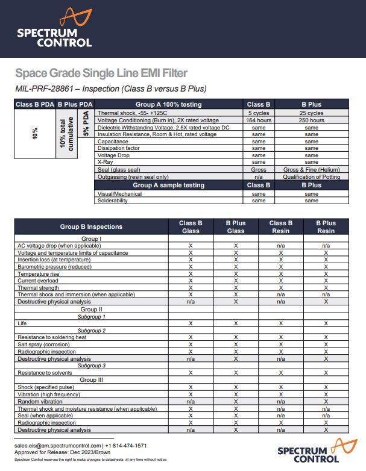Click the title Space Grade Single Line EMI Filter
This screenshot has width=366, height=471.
(x=101, y=73)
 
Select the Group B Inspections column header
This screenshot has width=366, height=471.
(x=91, y=227)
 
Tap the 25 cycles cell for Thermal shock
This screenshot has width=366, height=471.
(x=311, y=113)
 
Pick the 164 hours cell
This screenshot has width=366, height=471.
(x=259, y=120)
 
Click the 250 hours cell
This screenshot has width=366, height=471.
(x=311, y=120)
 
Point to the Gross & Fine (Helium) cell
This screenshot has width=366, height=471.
(x=311, y=169)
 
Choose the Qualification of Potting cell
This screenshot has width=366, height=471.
(x=311, y=176)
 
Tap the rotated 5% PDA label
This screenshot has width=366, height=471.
(x=86, y=123)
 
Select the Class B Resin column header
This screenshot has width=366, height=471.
(x=281, y=227)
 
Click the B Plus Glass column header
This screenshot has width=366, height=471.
(x=235, y=227)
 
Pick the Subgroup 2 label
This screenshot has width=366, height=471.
(x=91, y=331)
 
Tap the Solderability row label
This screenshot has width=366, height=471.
(x=113, y=201)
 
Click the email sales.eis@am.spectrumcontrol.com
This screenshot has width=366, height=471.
(x=58, y=446)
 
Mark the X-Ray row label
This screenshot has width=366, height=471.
(x=105, y=162)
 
